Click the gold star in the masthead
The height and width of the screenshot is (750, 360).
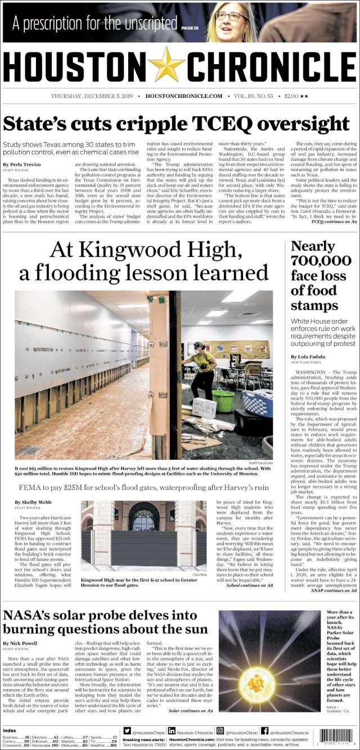[166, 65]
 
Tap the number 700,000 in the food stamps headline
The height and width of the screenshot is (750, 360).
[321, 260]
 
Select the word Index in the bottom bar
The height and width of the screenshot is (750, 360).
[9, 730]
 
